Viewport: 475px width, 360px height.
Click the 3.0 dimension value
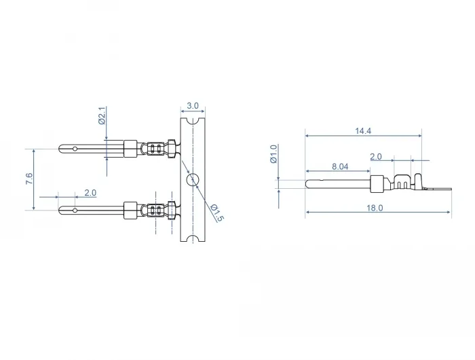click(193, 106)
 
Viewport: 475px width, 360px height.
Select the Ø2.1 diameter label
click(102, 115)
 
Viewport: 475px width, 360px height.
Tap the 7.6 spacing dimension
click(29, 179)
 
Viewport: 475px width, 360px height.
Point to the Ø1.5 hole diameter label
click(217, 213)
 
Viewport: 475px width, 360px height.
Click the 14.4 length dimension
click(363, 131)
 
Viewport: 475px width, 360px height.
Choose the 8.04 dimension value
click(340, 166)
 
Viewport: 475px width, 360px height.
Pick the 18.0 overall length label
click(375, 208)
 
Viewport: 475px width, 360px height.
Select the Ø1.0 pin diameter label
click(273, 154)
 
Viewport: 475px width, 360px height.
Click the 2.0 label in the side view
click(376, 156)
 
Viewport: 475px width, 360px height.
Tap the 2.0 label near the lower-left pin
click(90, 193)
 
